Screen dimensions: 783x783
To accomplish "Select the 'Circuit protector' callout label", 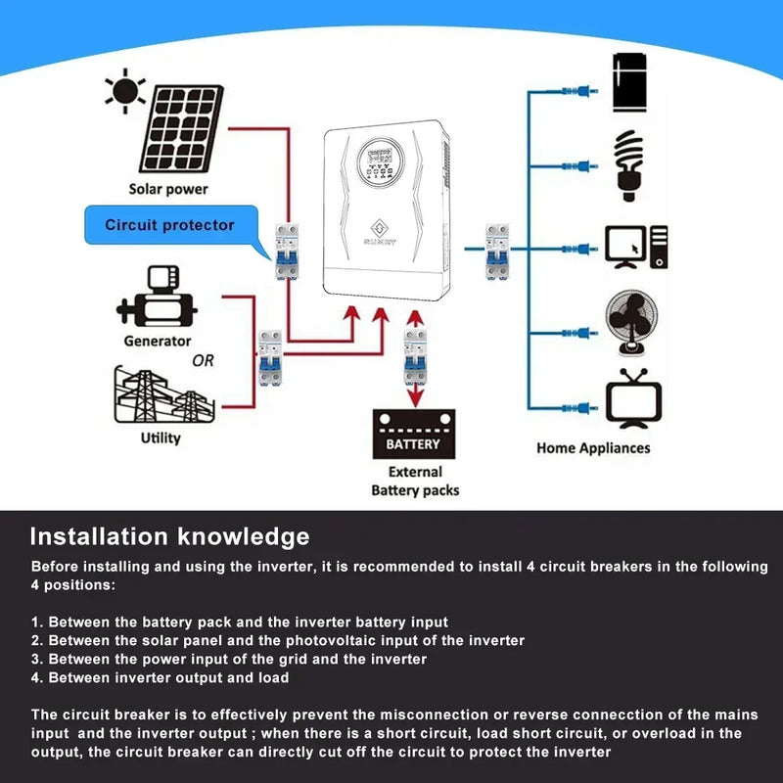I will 170,225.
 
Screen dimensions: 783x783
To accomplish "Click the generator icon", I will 157,298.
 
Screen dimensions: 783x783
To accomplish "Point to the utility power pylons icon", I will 162,396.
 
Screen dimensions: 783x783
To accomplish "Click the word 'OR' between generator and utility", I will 203,361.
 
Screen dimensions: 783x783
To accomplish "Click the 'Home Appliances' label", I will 592,447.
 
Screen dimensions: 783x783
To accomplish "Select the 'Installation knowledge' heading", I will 169,536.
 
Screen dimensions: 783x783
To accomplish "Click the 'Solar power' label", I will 168,189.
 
